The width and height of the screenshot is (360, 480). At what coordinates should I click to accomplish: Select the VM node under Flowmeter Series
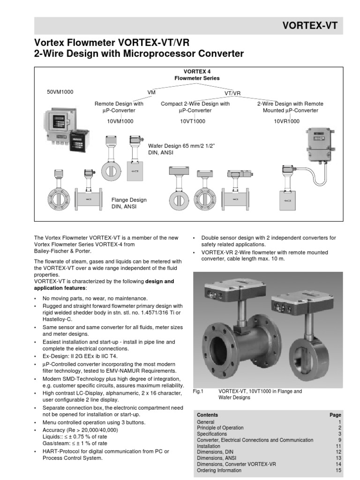(151, 93)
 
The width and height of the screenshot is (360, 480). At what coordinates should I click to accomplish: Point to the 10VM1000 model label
(120, 121)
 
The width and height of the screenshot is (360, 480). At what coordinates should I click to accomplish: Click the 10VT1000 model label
(193, 121)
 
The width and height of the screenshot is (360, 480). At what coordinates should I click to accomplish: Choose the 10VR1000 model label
(287, 121)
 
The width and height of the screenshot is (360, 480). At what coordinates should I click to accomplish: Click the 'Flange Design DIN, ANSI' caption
(129, 203)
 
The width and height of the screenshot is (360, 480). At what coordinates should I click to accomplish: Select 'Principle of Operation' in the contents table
(220, 427)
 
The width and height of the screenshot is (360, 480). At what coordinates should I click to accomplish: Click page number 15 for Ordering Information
(338, 470)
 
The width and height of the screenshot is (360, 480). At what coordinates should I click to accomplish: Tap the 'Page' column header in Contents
(335, 415)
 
